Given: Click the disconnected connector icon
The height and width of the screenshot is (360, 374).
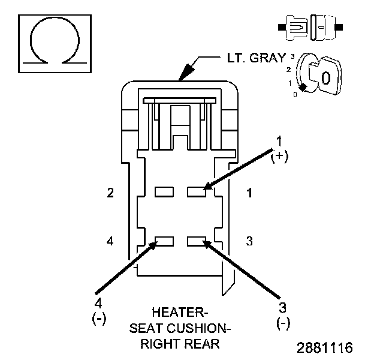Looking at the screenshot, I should coord(309,28).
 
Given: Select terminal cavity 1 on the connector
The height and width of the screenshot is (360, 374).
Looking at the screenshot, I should coord(197,191).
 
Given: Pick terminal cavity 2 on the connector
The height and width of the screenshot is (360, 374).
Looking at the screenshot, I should coord(164,191).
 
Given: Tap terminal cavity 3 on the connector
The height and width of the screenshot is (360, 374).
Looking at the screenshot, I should coord(197,241).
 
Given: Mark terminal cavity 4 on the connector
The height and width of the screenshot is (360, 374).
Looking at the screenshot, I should coord(164,241).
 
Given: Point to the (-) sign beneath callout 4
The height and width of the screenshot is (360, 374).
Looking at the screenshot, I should coord(98,318).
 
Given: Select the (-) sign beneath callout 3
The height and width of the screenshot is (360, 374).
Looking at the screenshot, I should coord(283,323).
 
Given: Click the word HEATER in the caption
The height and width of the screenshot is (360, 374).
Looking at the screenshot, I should coord(179,313).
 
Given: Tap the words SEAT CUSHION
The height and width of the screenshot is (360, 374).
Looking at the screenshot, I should coord(180,328).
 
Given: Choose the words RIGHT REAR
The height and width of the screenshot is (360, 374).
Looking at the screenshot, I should coord(180,344).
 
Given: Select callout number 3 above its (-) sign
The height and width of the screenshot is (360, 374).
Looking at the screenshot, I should coord(283,307).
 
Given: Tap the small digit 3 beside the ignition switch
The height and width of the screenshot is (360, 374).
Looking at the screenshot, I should coord(291,56).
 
